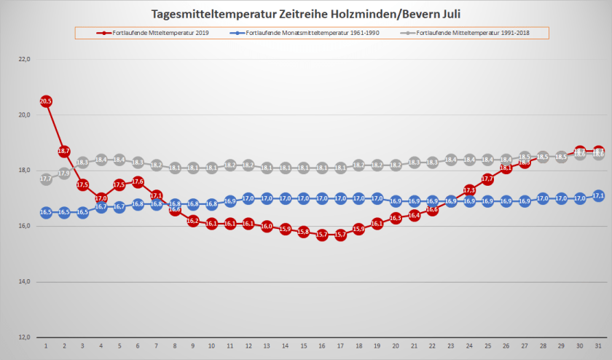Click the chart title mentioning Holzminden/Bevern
[x=306, y=14]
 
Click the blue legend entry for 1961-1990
[x=309, y=34]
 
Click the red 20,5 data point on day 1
[x=46, y=101]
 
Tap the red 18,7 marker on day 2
[x=64, y=152]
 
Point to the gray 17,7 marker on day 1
[x=46, y=179]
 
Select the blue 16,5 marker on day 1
[x=46, y=212]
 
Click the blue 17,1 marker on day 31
[x=598, y=195]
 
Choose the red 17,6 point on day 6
[x=138, y=181]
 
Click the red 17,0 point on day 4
[x=101, y=198]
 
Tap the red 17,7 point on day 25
[x=487, y=179]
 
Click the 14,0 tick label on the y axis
[x=25, y=281]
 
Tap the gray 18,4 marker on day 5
[x=119, y=160]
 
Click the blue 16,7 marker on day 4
[x=101, y=207]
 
